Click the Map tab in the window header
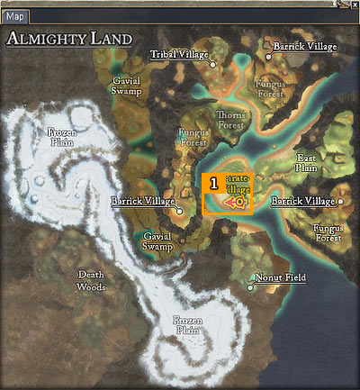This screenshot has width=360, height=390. click(16, 16)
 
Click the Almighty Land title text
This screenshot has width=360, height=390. click(69, 40)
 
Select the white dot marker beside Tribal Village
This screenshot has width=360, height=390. click(213, 65)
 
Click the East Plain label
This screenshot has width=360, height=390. click(307, 162)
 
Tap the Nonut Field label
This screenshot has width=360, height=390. click(281, 278)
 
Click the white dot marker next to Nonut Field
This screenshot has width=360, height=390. click(251, 288)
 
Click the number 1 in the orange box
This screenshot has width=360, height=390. click(214, 182)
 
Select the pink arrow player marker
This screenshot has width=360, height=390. click(238, 204)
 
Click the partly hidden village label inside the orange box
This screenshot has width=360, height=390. click(238, 185)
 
